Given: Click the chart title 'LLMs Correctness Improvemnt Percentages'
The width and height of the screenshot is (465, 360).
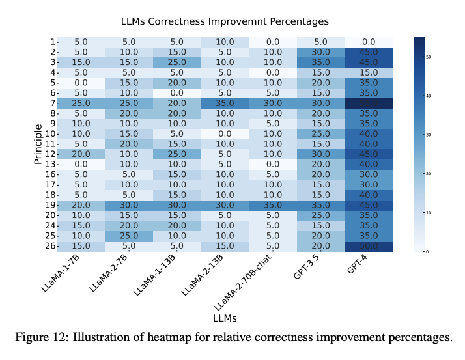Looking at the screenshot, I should click(x=225, y=22).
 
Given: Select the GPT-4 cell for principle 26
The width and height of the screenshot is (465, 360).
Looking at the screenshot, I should click(x=369, y=247).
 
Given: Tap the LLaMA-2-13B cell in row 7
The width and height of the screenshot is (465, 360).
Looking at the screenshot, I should click(x=225, y=103).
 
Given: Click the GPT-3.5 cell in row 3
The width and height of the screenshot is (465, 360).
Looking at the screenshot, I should click(x=321, y=62).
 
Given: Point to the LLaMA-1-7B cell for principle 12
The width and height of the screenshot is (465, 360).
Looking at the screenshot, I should click(x=81, y=154).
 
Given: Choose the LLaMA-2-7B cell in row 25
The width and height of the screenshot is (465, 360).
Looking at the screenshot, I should click(x=129, y=236).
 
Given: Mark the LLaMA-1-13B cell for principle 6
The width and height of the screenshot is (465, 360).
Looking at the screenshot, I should click(x=177, y=93).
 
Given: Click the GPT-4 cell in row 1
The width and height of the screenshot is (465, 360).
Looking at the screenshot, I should click(x=369, y=42).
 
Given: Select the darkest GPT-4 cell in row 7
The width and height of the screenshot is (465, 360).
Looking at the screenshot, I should click(x=369, y=103).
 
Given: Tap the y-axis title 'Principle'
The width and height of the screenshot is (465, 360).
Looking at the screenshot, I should click(x=38, y=144).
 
